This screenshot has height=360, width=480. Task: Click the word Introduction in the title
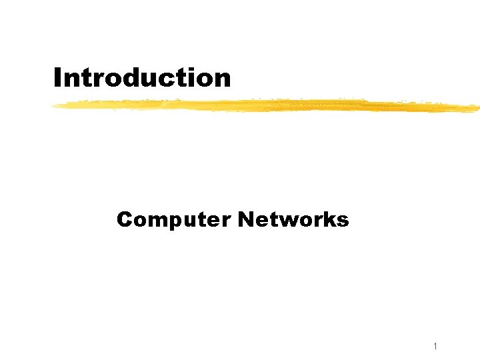(x=142, y=78)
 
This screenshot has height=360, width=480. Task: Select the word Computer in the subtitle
(x=174, y=219)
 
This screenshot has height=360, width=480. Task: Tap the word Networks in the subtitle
(x=293, y=219)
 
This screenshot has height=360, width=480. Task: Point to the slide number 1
(x=434, y=346)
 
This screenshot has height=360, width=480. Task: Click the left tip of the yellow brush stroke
(x=55, y=105)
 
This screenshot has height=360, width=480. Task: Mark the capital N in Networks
(x=245, y=219)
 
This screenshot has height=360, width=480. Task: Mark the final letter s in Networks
(x=342, y=221)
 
